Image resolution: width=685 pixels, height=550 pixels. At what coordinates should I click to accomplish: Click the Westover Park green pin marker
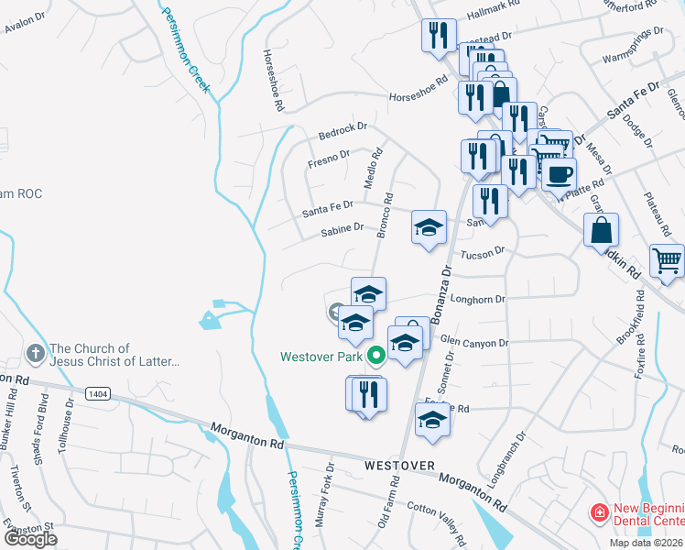coord(375,356)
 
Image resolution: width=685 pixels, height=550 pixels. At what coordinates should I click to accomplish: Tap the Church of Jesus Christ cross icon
coord(35,353)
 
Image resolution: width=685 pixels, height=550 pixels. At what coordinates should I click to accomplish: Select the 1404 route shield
coord(98,393)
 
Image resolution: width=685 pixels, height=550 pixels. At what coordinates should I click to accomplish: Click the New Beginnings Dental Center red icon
coord(599,511)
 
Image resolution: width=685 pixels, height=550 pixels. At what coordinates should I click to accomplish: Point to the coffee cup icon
coord(559,172)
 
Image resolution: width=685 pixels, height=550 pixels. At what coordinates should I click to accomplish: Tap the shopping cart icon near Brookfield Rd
coord(667,259)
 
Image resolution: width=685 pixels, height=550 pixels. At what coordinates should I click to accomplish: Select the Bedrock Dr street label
coord(342,132)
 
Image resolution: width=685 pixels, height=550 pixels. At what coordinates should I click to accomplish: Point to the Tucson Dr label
coord(483,253)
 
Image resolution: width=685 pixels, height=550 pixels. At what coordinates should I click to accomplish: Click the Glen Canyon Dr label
coord(473,343)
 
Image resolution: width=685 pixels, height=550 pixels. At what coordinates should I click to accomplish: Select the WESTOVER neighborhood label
coord(398,466)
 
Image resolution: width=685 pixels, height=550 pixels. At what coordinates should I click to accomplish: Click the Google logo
coord(30,538)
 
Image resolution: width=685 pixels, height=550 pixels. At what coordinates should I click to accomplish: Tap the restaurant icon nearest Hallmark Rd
coord(439,36)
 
